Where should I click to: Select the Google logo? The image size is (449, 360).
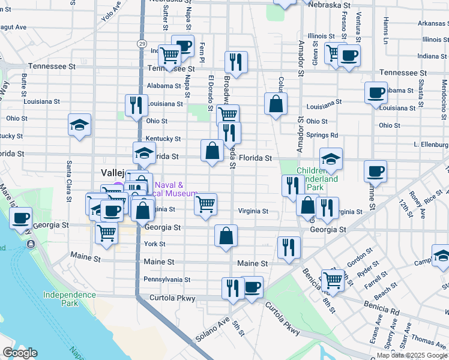coord(20,353)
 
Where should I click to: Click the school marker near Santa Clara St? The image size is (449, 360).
coord(80,125)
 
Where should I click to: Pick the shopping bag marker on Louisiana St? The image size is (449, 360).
coord(276,103)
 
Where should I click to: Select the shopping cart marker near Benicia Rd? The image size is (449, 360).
coord(333,279)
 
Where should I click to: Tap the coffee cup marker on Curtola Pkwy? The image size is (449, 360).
coord(252,287)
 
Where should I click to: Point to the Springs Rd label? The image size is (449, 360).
coord(322,135)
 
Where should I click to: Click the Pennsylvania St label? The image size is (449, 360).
coord(167,280)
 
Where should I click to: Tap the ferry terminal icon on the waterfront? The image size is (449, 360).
coord(31,245)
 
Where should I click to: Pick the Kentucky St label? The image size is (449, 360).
coord(163,139)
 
